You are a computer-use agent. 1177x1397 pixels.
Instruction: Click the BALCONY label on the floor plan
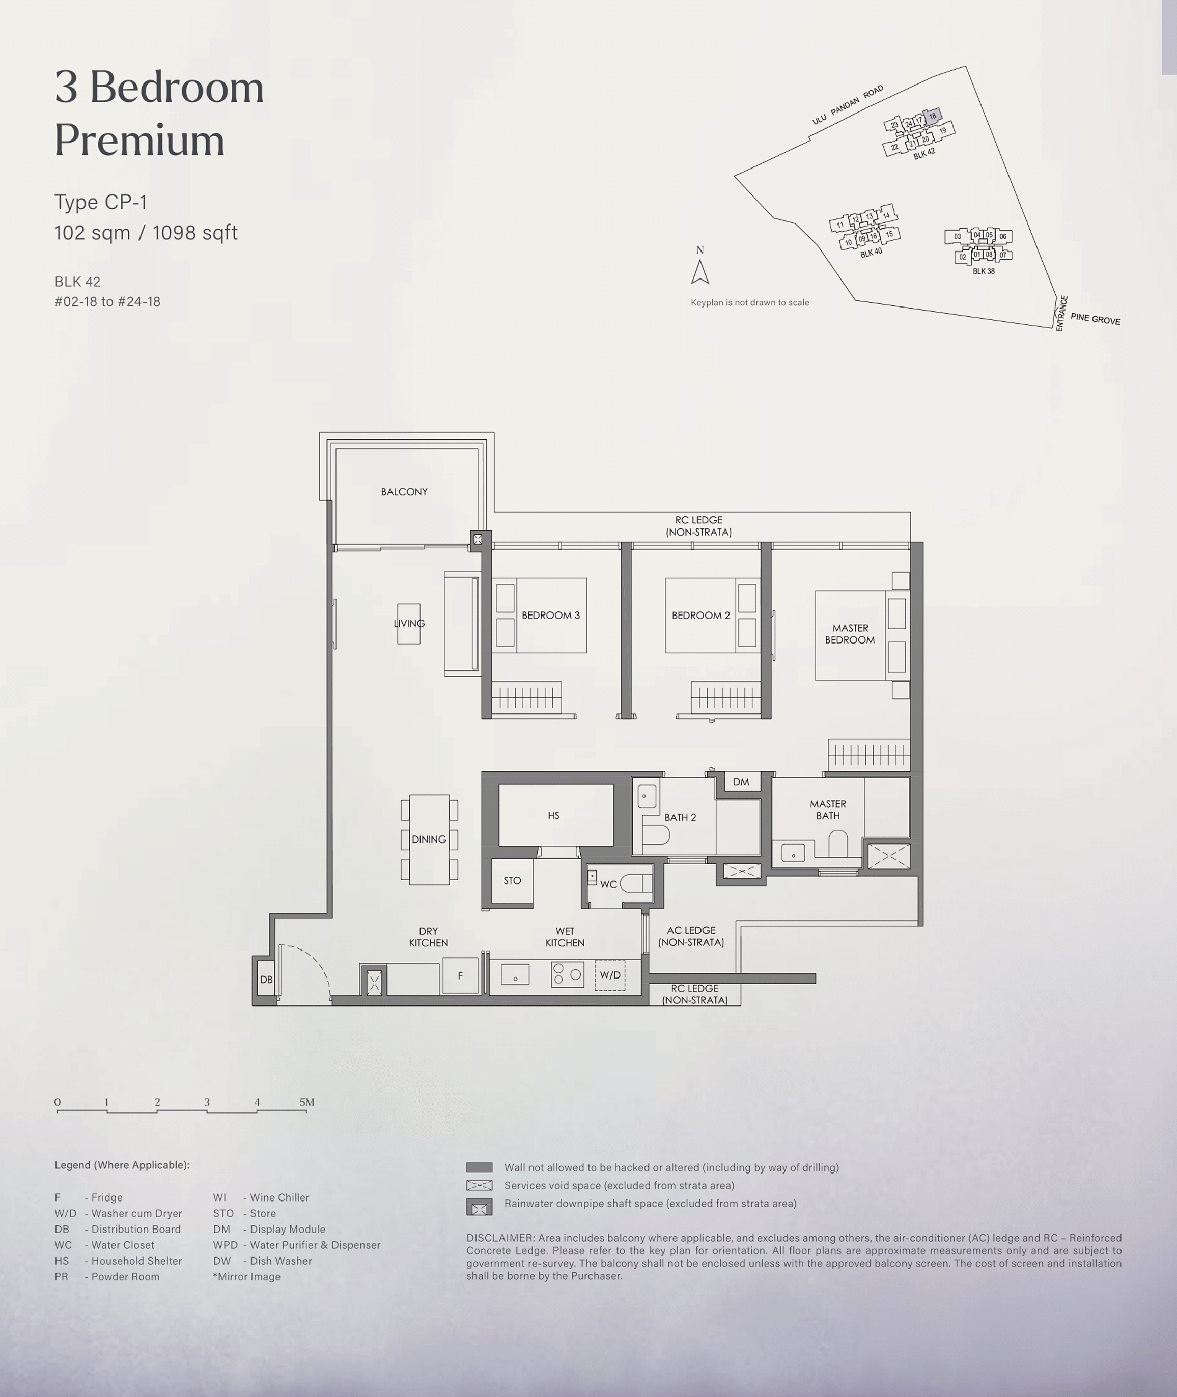pos(404,492)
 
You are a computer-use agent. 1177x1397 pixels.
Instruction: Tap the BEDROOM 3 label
pos(550,615)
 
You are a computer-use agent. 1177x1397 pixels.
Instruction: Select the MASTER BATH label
pos(828,810)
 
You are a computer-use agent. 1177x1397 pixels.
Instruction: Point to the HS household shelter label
pos(554,815)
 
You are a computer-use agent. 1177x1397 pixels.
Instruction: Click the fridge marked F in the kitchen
pos(460,975)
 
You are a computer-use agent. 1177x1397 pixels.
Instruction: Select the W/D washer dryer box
pos(610,975)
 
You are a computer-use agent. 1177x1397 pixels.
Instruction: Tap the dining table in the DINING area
pos(429,839)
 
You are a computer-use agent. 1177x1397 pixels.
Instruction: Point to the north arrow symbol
pos(700,271)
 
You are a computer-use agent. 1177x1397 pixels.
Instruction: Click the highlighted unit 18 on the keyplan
pos(932,116)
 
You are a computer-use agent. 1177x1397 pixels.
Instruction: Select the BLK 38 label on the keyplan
pos(984,271)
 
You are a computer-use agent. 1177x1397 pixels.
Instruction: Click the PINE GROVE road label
pos(1095,319)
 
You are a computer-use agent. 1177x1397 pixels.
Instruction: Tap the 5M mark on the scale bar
pos(307,1102)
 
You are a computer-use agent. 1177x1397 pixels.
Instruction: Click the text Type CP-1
pos(101,202)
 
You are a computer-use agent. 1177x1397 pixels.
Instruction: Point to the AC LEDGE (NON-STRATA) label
pos(691,936)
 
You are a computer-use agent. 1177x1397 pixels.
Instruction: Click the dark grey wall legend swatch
pos(479,1167)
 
